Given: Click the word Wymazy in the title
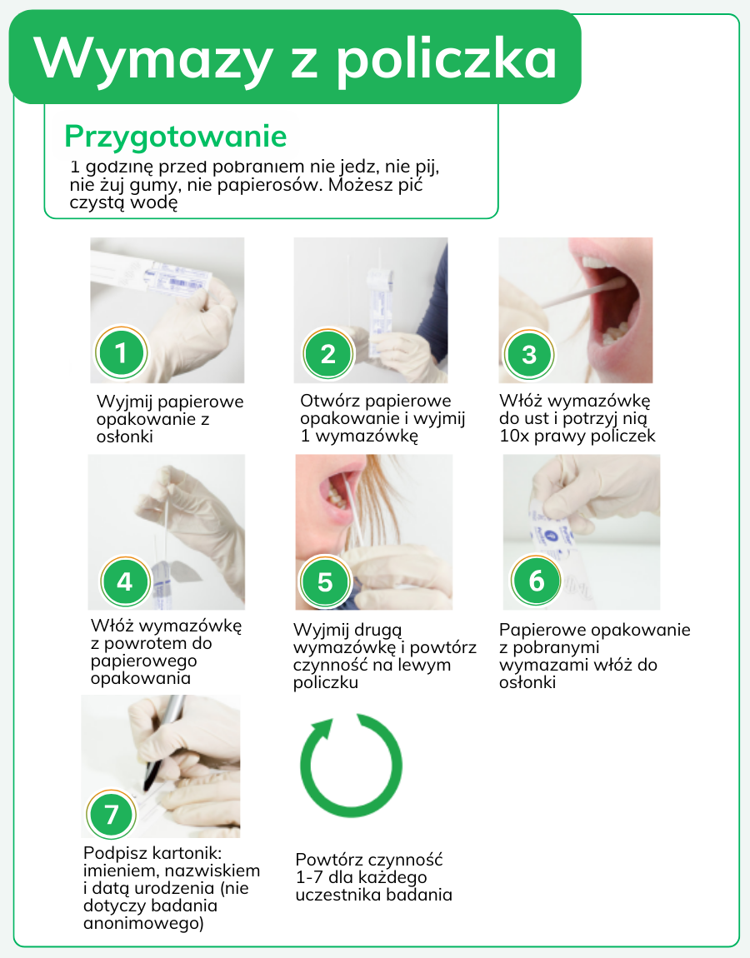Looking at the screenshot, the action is pos(152,59).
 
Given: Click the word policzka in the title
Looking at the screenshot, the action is pos(447,59).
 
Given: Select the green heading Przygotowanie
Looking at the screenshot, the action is pos(176,137).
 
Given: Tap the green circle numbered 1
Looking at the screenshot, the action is pos(121,353).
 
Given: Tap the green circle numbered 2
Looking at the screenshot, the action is pos(328,354).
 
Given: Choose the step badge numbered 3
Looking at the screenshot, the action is pos(528,354).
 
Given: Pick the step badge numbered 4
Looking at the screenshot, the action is pos(125,581).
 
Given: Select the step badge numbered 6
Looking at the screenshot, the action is pos(536,581).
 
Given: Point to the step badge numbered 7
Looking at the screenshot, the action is pos(111,815).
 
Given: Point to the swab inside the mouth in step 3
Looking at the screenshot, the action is pos(586,293).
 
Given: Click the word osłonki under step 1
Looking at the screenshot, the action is pos(125,437).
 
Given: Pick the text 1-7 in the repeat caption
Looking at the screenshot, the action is pos(309,877).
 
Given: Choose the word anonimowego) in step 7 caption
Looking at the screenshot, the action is pos(143,923).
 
